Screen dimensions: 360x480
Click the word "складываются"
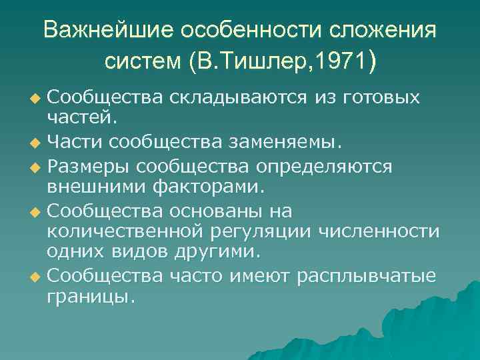(x=237, y=99)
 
